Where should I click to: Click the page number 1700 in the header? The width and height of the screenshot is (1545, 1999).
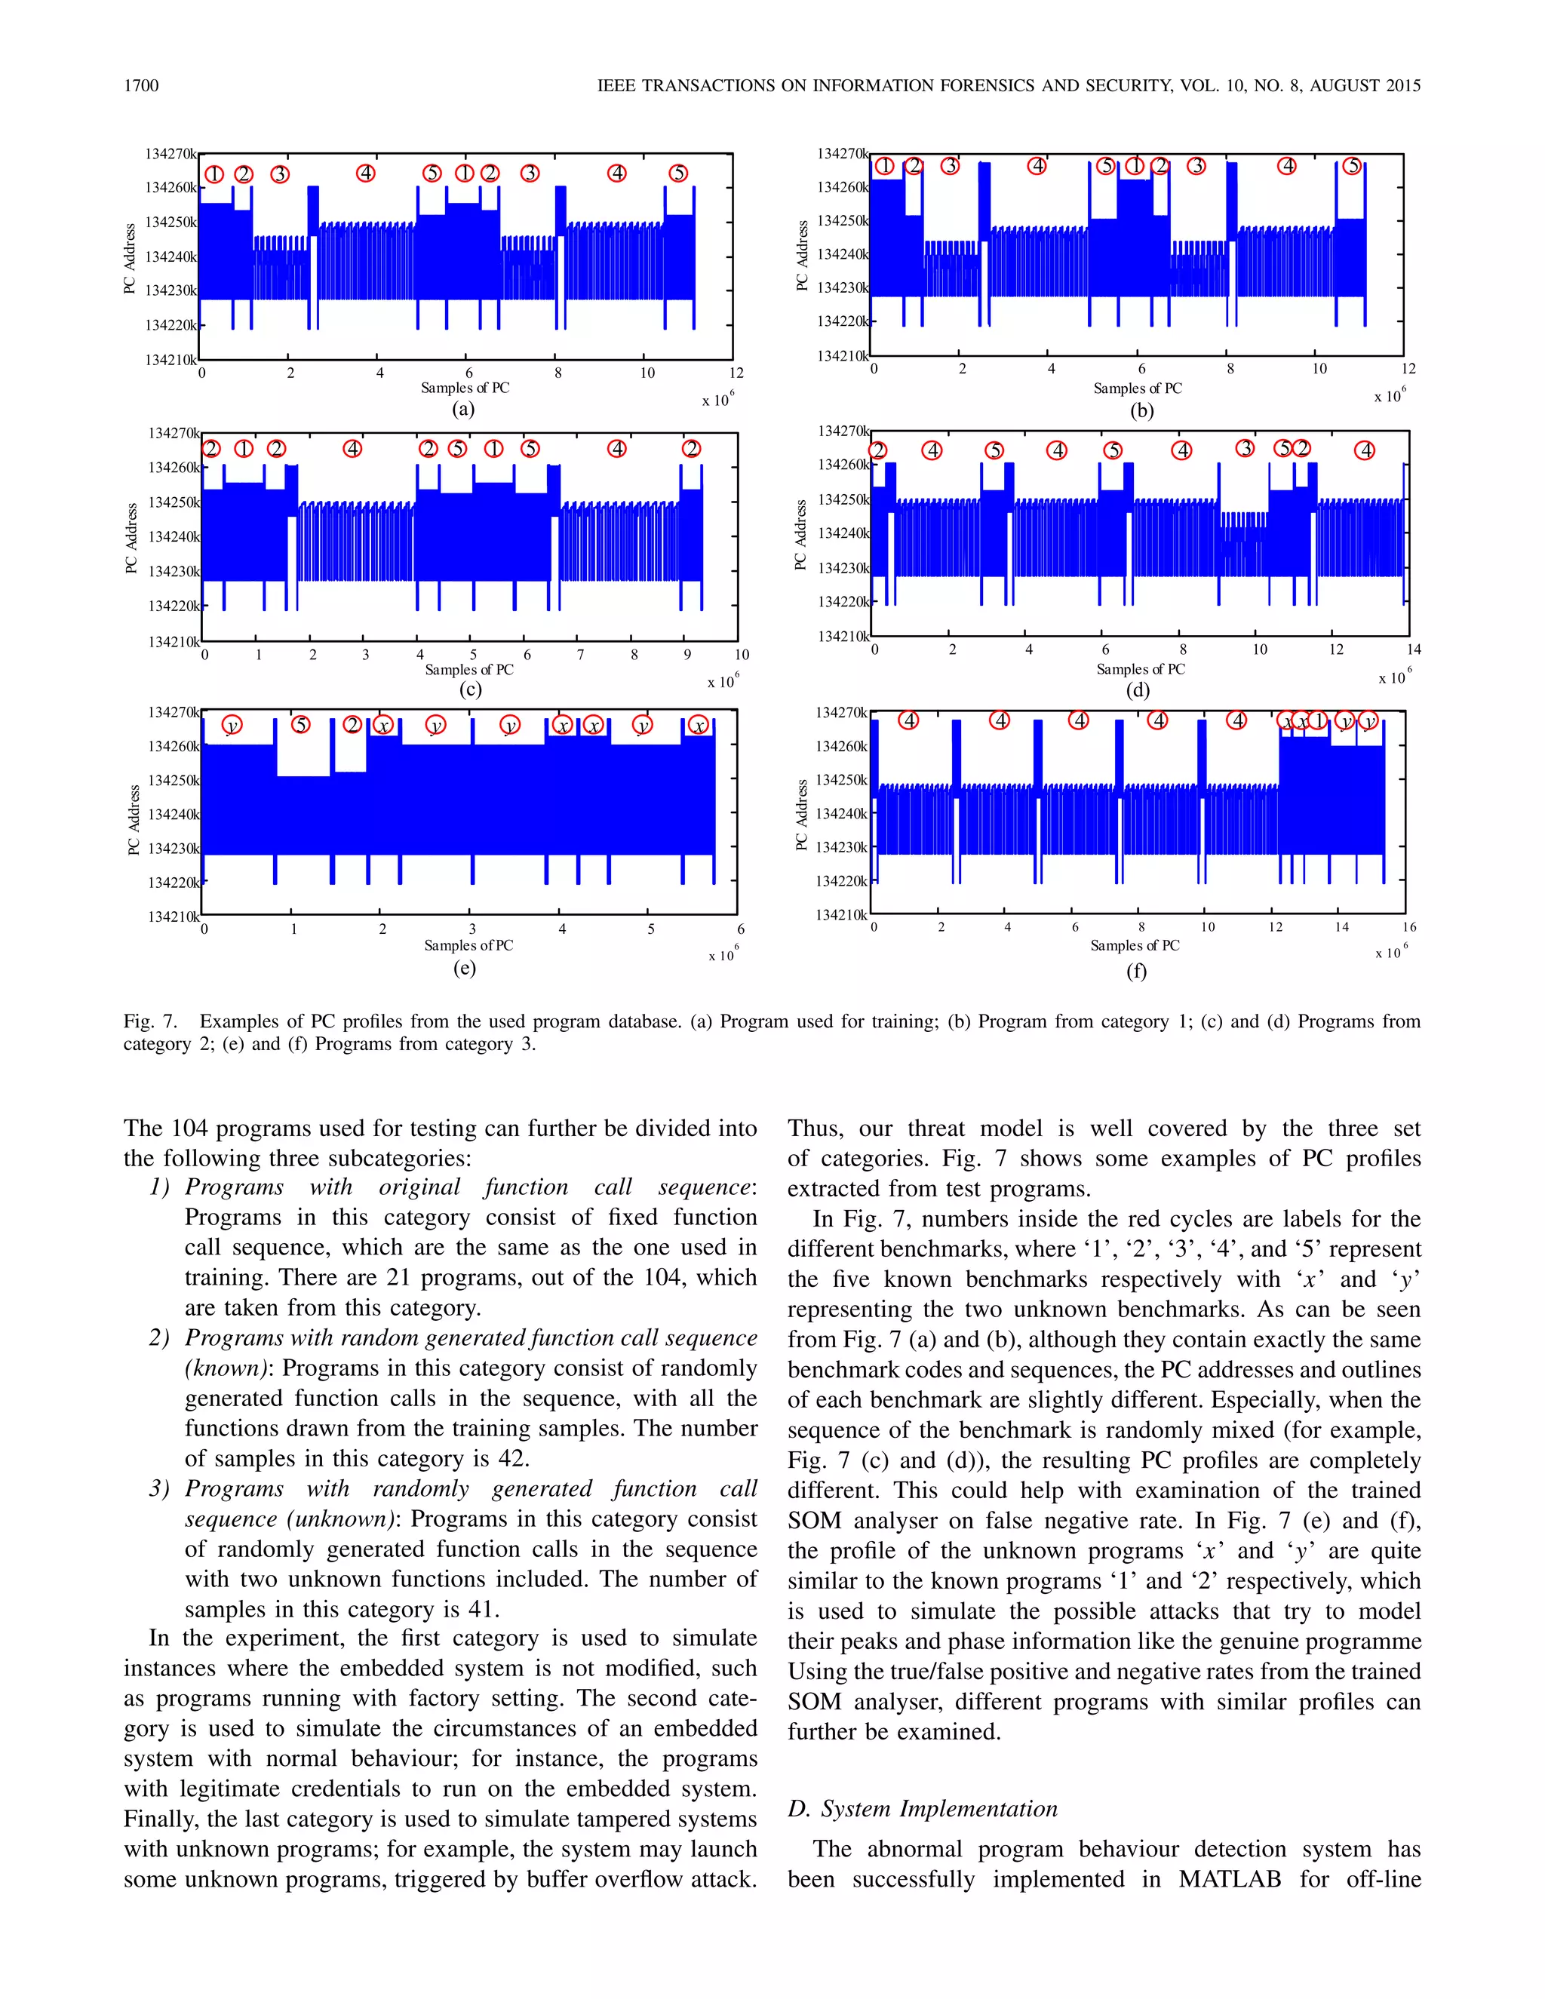pyautogui.click(x=141, y=86)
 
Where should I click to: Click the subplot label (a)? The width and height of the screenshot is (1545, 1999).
pyautogui.click(x=464, y=409)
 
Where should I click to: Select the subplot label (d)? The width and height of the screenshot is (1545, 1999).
pyautogui.click(x=1138, y=690)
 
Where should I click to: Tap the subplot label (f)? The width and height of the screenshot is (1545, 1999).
pyautogui.click(x=1136, y=971)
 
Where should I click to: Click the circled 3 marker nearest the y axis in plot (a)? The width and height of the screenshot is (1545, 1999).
pyautogui.click(x=280, y=174)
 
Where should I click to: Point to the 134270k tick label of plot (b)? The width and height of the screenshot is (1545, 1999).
pyautogui.click(x=841, y=154)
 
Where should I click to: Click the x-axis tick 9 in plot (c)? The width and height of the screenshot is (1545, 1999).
pyautogui.click(x=687, y=655)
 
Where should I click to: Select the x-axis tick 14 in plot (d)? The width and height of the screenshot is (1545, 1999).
pyautogui.click(x=1413, y=649)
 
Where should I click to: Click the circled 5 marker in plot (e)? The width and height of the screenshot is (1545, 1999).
pyautogui.click(x=300, y=725)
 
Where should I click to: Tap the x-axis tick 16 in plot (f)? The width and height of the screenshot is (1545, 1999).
pyautogui.click(x=1409, y=927)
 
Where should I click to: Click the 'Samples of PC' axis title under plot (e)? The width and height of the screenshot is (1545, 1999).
pyautogui.click(x=468, y=945)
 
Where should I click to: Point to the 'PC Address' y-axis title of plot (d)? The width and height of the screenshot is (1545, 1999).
pyautogui.click(x=801, y=535)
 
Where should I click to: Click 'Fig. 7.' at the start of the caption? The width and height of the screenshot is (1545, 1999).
pyautogui.click(x=150, y=1021)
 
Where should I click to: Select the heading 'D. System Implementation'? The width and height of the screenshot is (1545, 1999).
pyautogui.click(x=922, y=1809)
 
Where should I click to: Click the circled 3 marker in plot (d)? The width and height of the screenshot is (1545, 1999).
pyautogui.click(x=1245, y=449)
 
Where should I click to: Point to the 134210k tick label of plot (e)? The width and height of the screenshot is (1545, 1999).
pyautogui.click(x=173, y=917)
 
